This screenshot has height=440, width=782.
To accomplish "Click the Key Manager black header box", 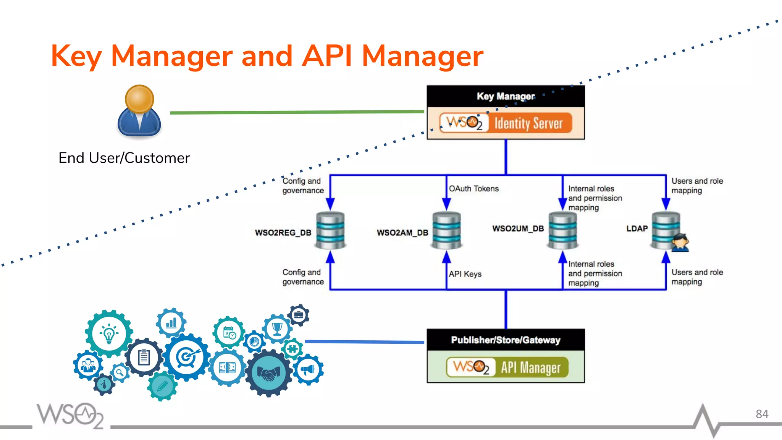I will pos(506,96).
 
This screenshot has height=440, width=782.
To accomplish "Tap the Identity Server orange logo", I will pos(506,123).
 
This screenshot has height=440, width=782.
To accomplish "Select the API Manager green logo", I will pos(507,367).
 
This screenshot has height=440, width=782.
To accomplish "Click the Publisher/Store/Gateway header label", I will pos(506,340).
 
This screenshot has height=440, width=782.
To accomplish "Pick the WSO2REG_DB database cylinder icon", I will pos(330,230).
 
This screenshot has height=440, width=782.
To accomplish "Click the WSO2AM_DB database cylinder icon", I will pos(446,230).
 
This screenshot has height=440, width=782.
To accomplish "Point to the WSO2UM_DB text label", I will pos(518,228).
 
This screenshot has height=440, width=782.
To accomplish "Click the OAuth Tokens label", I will pos(473,189).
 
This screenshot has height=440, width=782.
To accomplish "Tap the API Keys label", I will pos(465,274).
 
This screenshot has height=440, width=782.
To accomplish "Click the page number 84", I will pos(762,414).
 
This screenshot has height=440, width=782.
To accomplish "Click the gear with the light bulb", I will pos(109,333).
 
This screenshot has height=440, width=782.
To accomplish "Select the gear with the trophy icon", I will pos(277,328).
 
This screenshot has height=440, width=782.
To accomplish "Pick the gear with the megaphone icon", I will pos(308,369).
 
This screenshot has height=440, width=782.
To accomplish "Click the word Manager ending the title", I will pos(422,57).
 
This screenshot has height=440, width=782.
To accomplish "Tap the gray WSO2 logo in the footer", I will pos(70,415).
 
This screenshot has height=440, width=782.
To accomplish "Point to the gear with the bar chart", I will pos(171,323).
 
